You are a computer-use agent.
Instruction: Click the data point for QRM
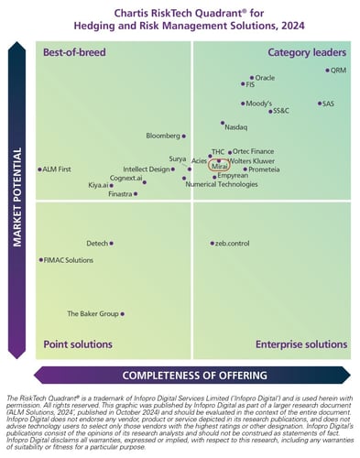coord(327,70)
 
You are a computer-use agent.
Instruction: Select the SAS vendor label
coord(328,104)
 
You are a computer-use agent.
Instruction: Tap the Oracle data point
coord(252,78)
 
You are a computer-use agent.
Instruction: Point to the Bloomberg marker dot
coord(183,136)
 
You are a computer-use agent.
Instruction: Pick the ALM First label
coord(58,169)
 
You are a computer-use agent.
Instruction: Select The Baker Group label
coord(93,313)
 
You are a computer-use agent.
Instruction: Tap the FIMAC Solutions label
coord(69,260)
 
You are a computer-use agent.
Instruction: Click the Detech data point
coord(111,244)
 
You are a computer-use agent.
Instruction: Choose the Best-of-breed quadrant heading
coord(73,52)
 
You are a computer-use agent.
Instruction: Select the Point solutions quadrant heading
coord(78,344)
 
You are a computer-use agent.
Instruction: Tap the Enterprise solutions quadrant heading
coord(300,344)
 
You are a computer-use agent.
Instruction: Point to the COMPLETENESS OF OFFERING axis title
coord(194,374)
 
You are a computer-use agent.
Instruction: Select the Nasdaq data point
coord(223,123)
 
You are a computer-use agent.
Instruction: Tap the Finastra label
coord(120,194)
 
